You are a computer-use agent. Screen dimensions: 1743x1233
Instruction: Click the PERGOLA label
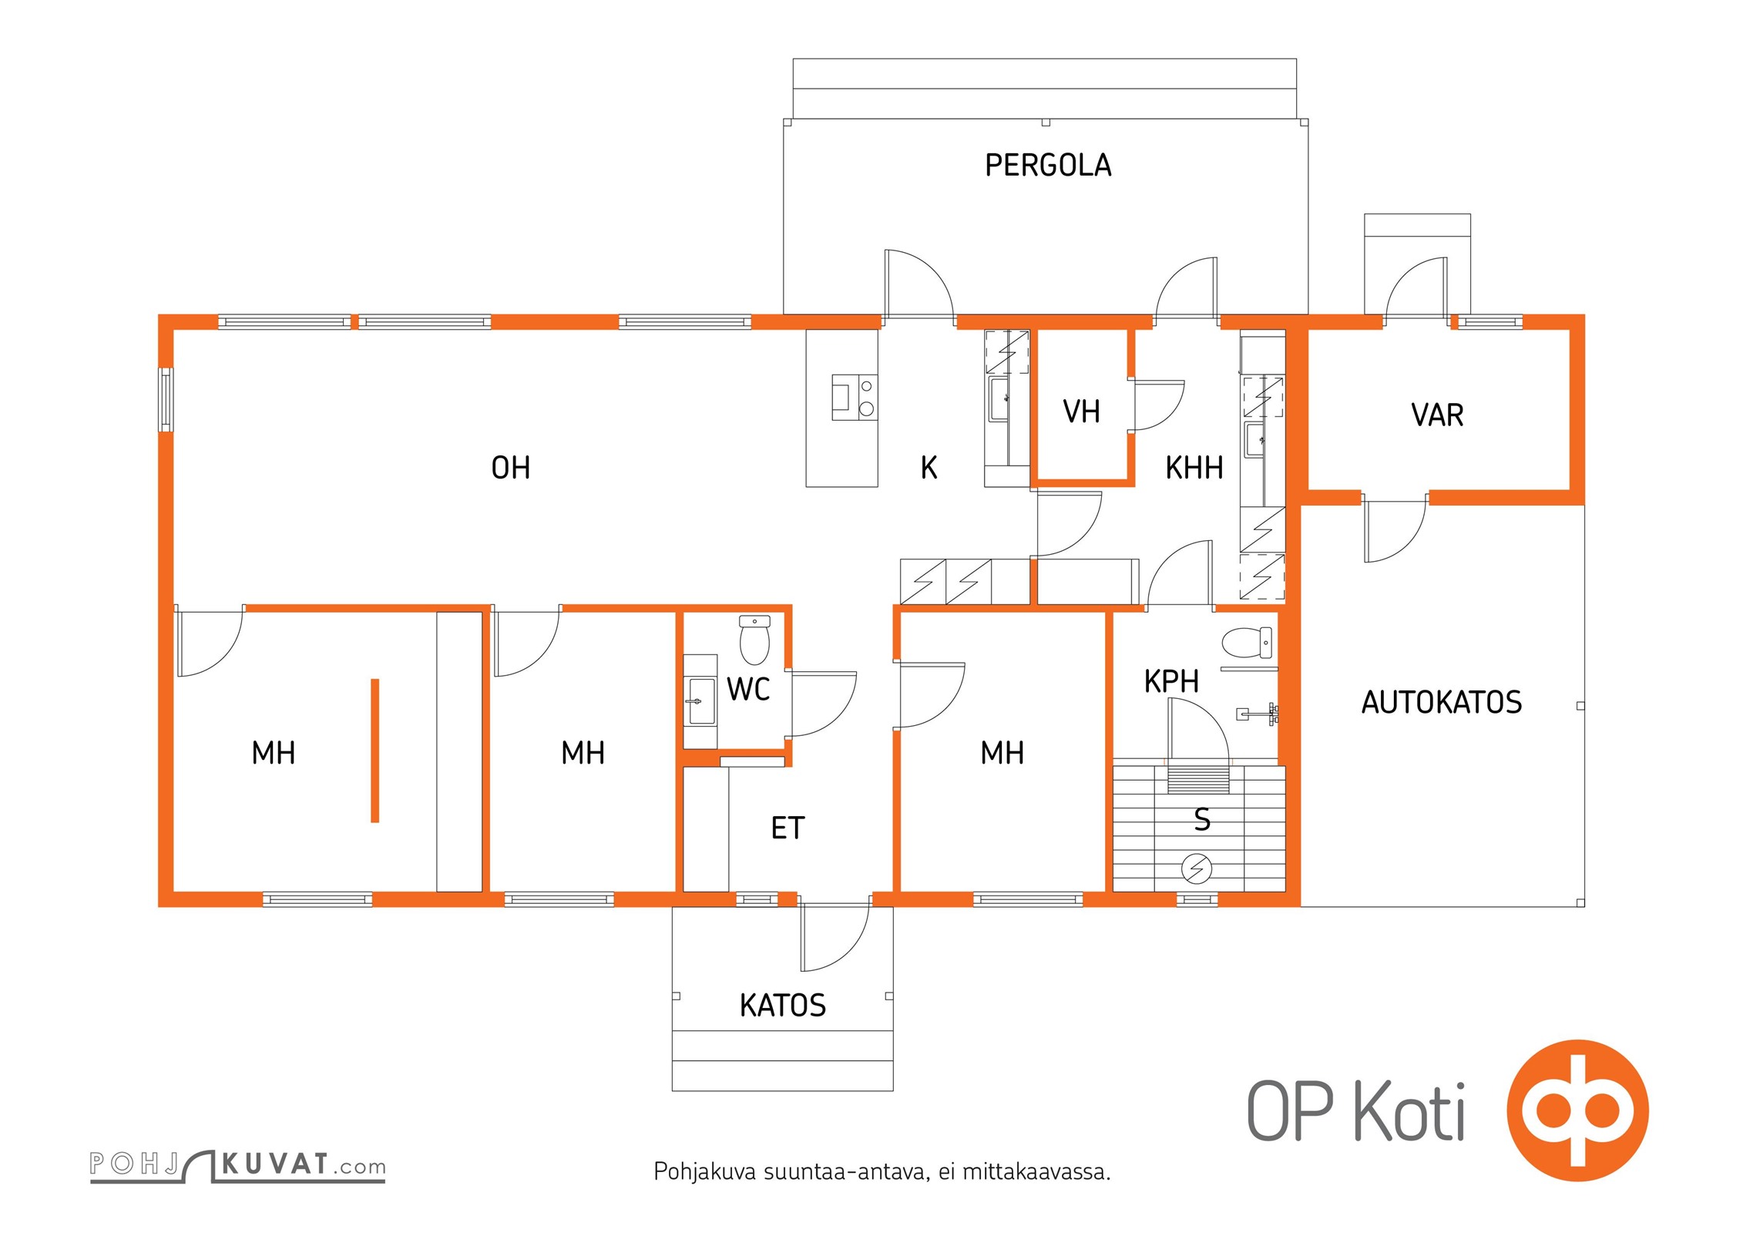pos(1048,165)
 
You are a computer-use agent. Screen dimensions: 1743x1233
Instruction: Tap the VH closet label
pos(1081,412)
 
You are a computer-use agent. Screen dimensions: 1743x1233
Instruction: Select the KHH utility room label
pos(1194,468)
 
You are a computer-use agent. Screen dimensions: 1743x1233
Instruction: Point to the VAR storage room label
pos(1437,415)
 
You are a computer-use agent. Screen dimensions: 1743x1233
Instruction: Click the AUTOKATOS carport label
pos(1441,702)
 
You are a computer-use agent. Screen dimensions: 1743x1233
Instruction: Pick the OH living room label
pos(511,468)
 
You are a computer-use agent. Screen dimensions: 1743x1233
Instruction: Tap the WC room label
pos(748,689)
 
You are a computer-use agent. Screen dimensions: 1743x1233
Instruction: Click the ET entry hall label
pos(788,828)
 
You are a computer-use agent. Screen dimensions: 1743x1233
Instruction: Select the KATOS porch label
pos(782,1005)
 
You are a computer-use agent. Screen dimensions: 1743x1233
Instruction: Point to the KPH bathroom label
pos(1171,681)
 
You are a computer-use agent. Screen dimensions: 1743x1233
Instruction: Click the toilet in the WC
pos(754,640)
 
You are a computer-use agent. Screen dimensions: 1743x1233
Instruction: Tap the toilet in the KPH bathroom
pos(1247,643)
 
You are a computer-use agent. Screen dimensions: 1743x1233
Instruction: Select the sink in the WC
pos(701,701)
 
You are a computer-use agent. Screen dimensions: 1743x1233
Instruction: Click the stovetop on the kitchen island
pos(855,397)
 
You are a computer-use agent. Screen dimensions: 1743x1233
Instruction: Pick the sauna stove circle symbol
pos(1196,869)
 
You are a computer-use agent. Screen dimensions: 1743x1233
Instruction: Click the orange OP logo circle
pos(1577,1110)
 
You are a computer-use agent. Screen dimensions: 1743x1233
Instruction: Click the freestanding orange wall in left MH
pos(375,751)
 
